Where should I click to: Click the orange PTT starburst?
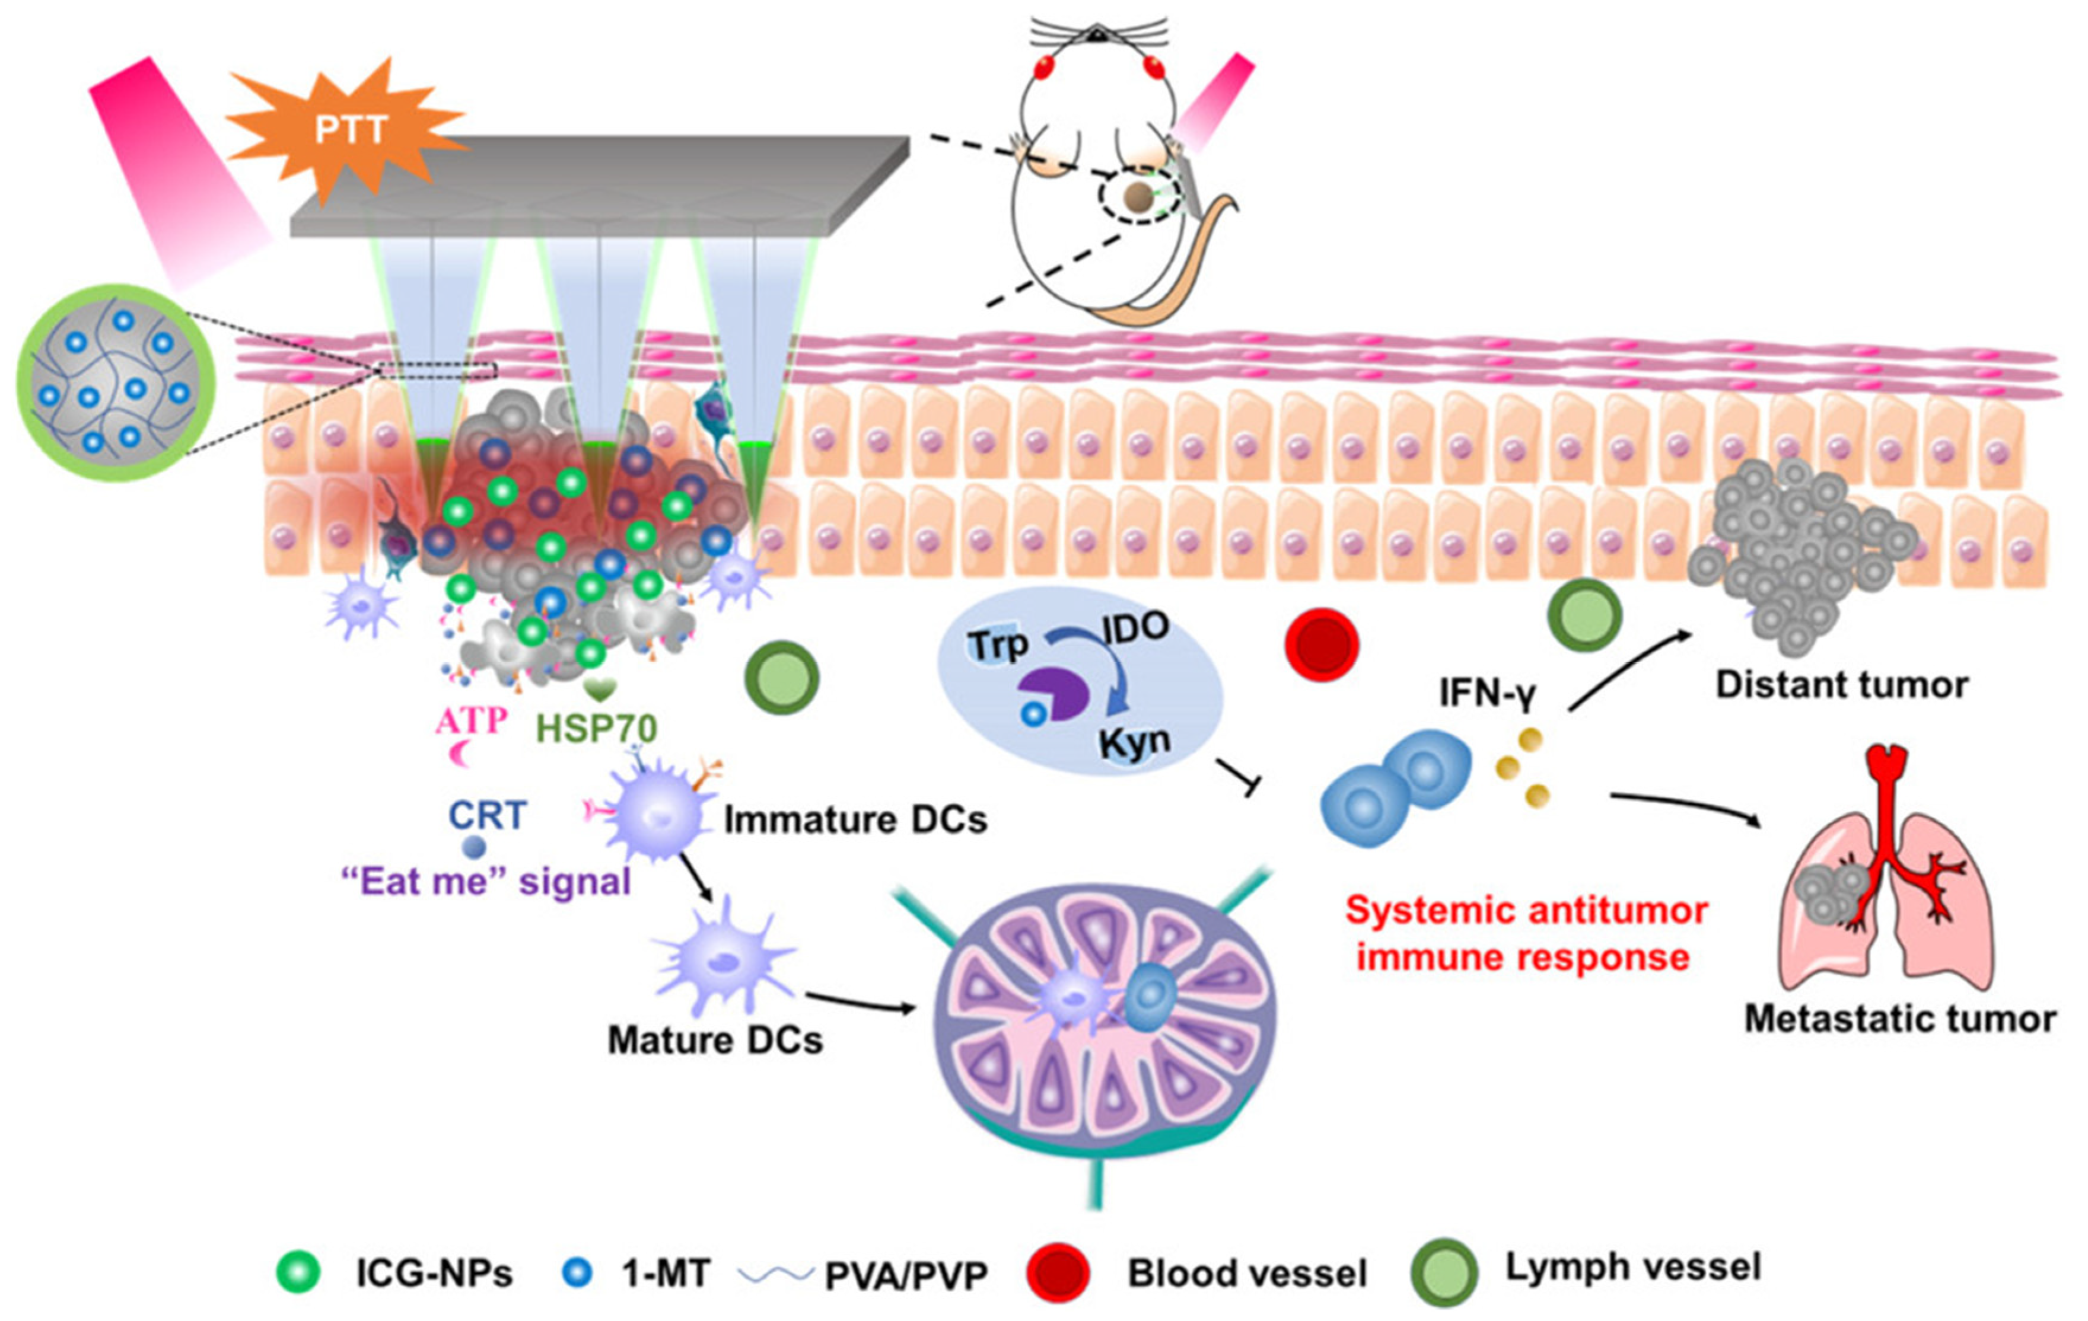347,130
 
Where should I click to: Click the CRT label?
488,815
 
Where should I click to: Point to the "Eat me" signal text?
486,882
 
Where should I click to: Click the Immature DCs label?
855,820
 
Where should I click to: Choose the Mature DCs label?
715,1040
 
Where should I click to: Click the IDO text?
1136,626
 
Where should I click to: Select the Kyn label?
1134,741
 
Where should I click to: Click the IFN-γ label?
1487,694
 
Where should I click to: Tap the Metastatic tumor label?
1899,1019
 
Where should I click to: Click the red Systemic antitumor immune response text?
1526,934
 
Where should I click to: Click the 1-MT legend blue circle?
577,1272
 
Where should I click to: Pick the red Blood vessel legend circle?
1057,1272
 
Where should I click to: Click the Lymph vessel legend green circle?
1444,1272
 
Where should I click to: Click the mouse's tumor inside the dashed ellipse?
1138,199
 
